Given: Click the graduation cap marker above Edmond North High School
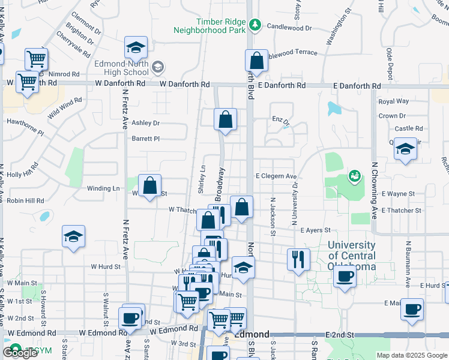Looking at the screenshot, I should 136,47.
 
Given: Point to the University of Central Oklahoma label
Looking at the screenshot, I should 352,256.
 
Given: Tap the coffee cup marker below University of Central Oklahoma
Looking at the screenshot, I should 345,277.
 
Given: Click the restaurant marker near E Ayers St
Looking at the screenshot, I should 298,259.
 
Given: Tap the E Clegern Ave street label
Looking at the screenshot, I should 276,176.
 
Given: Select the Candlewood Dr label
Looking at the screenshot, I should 289,27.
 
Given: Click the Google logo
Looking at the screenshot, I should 20,353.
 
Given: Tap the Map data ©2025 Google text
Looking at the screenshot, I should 411,355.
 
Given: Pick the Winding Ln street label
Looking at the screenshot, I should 103,188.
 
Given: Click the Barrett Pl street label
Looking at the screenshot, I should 146,139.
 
